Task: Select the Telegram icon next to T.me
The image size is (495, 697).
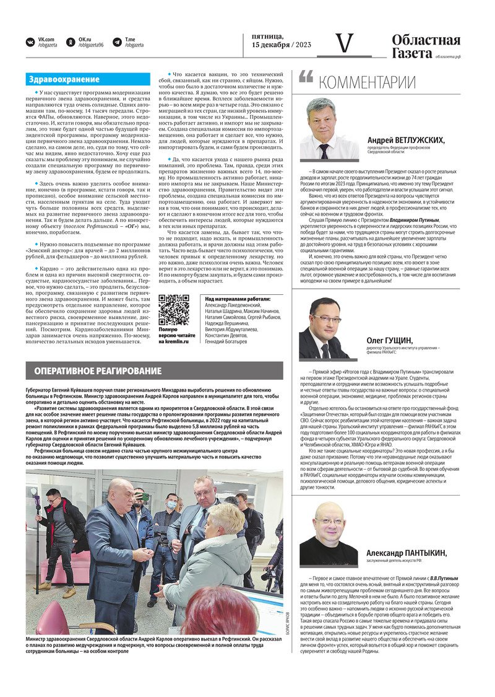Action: pos(117,42)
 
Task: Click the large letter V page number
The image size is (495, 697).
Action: pos(345,43)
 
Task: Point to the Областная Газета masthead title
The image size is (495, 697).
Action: pos(426,46)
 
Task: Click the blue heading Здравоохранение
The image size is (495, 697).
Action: pos(64,79)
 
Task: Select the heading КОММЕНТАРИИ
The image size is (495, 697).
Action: pos(367,82)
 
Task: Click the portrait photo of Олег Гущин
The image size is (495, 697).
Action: pos(325,328)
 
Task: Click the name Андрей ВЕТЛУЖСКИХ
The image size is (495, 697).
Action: pos(405,140)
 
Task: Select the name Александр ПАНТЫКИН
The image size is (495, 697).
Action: pos(405,553)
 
